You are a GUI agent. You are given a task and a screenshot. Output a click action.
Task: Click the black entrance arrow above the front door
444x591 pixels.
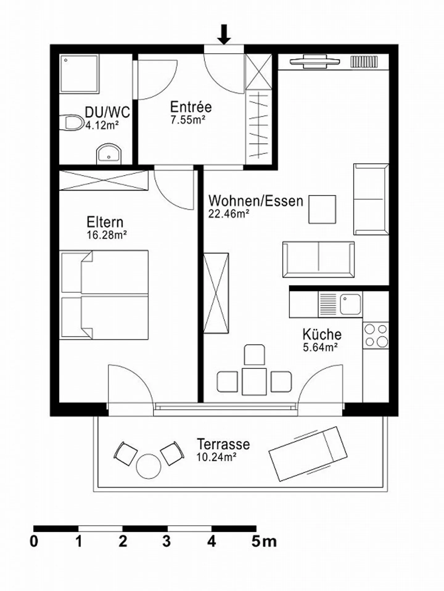tap(224, 34)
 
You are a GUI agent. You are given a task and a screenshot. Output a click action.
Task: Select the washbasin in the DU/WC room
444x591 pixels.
tap(109, 154)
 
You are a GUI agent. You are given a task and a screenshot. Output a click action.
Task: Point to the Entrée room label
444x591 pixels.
tap(191, 107)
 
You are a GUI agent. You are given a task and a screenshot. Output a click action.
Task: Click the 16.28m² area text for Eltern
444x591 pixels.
tap(107, 235)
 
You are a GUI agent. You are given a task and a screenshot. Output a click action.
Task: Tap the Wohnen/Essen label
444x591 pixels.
tap(256, 201)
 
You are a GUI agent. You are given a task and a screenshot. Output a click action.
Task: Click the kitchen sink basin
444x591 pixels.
tap(350, 304)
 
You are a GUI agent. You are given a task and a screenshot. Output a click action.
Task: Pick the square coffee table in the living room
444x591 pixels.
tap(322, 209)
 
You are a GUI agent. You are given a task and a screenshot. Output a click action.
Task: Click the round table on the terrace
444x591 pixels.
tap(149, 466)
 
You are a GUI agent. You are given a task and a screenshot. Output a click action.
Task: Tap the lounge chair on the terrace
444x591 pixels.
tap(308, 454)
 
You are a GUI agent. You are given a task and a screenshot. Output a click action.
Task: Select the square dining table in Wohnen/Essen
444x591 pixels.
tap(254, 382)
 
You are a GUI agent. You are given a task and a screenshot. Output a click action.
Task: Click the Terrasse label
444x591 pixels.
tap(223, 444)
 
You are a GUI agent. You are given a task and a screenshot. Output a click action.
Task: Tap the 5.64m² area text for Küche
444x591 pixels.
tap(320, 348)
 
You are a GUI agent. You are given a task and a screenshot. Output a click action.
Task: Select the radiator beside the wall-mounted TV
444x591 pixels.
tap(364, 61)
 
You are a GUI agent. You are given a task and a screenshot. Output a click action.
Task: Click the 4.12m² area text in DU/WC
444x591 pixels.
tap(102, 125)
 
